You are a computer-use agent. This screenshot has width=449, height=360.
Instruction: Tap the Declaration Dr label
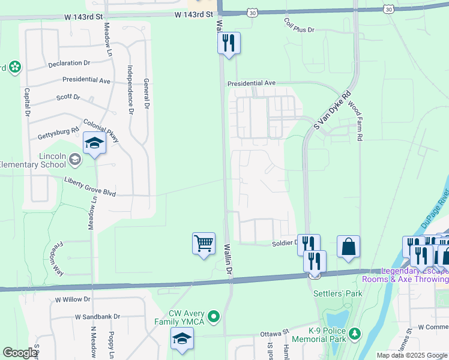[x=69, y=62]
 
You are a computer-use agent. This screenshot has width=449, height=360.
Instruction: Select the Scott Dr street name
[x=68, y=97]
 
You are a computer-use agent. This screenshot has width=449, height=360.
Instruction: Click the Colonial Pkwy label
[x=101, y=128]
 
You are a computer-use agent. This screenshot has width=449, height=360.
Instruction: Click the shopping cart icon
[x=203, y=244]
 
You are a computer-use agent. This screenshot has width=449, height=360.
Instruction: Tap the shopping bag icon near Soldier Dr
[x=348, y=247]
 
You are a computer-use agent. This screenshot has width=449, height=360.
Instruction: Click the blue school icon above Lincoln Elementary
[x=94, y=143]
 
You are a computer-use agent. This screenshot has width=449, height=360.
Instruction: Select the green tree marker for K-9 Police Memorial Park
[x=355, y=332]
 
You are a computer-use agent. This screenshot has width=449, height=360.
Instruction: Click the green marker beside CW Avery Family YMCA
[x=212, y=316]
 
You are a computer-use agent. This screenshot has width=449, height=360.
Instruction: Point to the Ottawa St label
[x=274, y=332]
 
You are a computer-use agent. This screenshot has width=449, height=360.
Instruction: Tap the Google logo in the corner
[x=20, y=353]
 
